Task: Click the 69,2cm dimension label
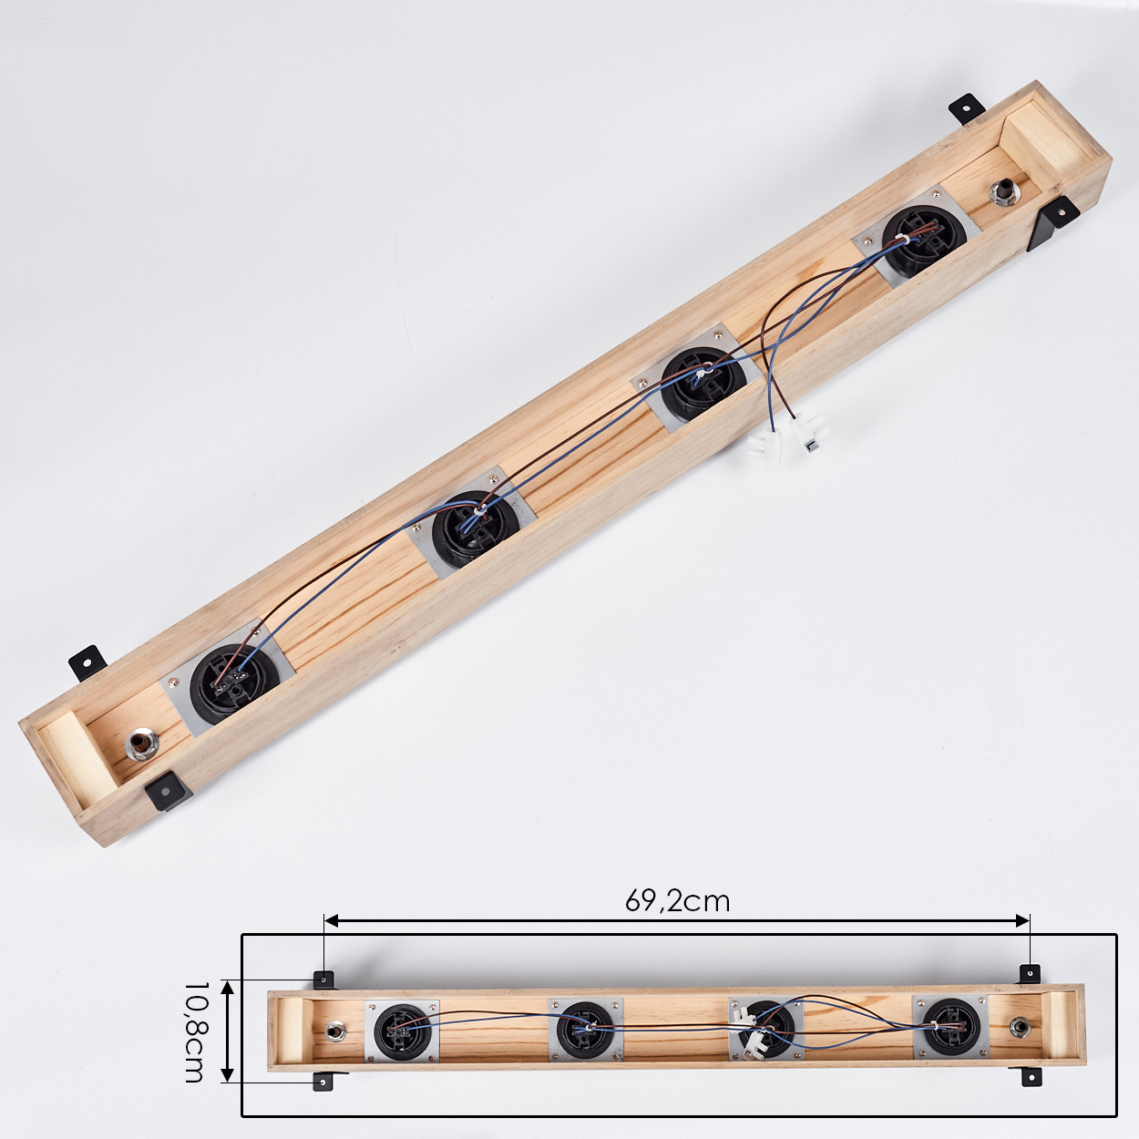click(x=677, y=901)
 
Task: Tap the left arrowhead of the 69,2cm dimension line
click(x=332, y=937)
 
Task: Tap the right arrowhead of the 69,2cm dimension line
click(x=1022, y=937)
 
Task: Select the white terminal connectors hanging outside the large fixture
click(x=790, y=438)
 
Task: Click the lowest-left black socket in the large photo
click(x=235, y=684)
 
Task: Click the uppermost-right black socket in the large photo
click(x=924, y=237)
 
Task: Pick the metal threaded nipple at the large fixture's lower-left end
click(x=141, y=746)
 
